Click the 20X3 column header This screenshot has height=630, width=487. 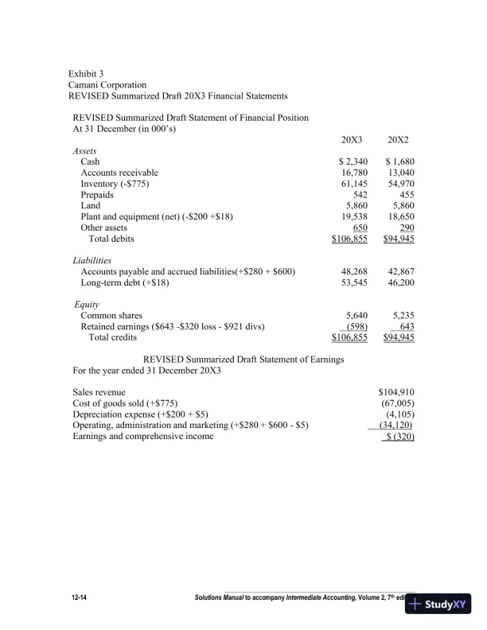(x=352, y=139)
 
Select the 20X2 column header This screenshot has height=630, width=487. (x=399, y=139)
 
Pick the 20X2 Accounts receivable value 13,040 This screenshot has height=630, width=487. (x=400, y=173)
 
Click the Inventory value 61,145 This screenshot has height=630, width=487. (x=354, y=184)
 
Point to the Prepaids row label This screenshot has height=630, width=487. (x=97, y=195)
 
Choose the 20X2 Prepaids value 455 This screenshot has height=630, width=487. (x=404, y=195)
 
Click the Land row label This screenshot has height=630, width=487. (x=91, y=206)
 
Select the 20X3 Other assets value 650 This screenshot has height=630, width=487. (x=359, y=228)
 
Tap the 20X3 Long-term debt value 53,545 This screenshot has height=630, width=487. (x=354, y=282)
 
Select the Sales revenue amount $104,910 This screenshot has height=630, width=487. (x=396, y=392)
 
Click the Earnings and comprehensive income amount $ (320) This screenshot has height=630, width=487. (x=399, y=436)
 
